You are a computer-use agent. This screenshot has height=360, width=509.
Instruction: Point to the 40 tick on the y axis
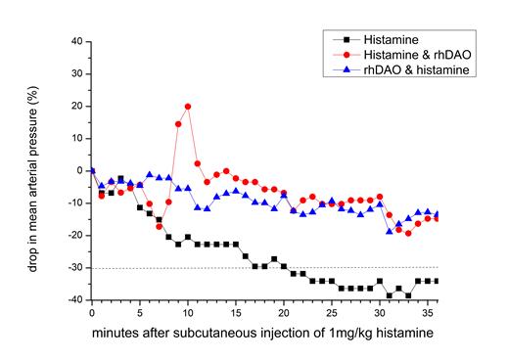[x=76, y=42]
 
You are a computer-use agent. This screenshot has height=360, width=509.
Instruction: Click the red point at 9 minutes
[x=178, y=124]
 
